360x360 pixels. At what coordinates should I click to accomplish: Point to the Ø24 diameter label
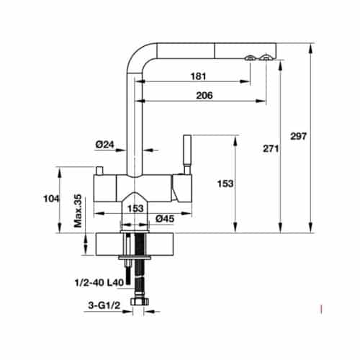[105, 145]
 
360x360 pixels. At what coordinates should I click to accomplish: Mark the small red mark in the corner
[320, 310]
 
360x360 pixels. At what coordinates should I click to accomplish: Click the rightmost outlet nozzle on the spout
[266, 58]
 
